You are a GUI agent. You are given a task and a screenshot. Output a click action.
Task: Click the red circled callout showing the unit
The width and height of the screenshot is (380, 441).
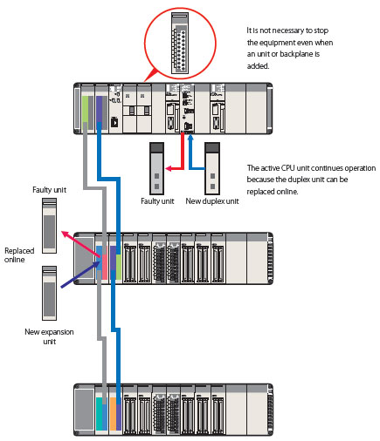pos(181,41)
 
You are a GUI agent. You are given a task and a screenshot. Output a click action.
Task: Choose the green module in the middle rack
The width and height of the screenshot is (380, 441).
pos(114,262)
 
